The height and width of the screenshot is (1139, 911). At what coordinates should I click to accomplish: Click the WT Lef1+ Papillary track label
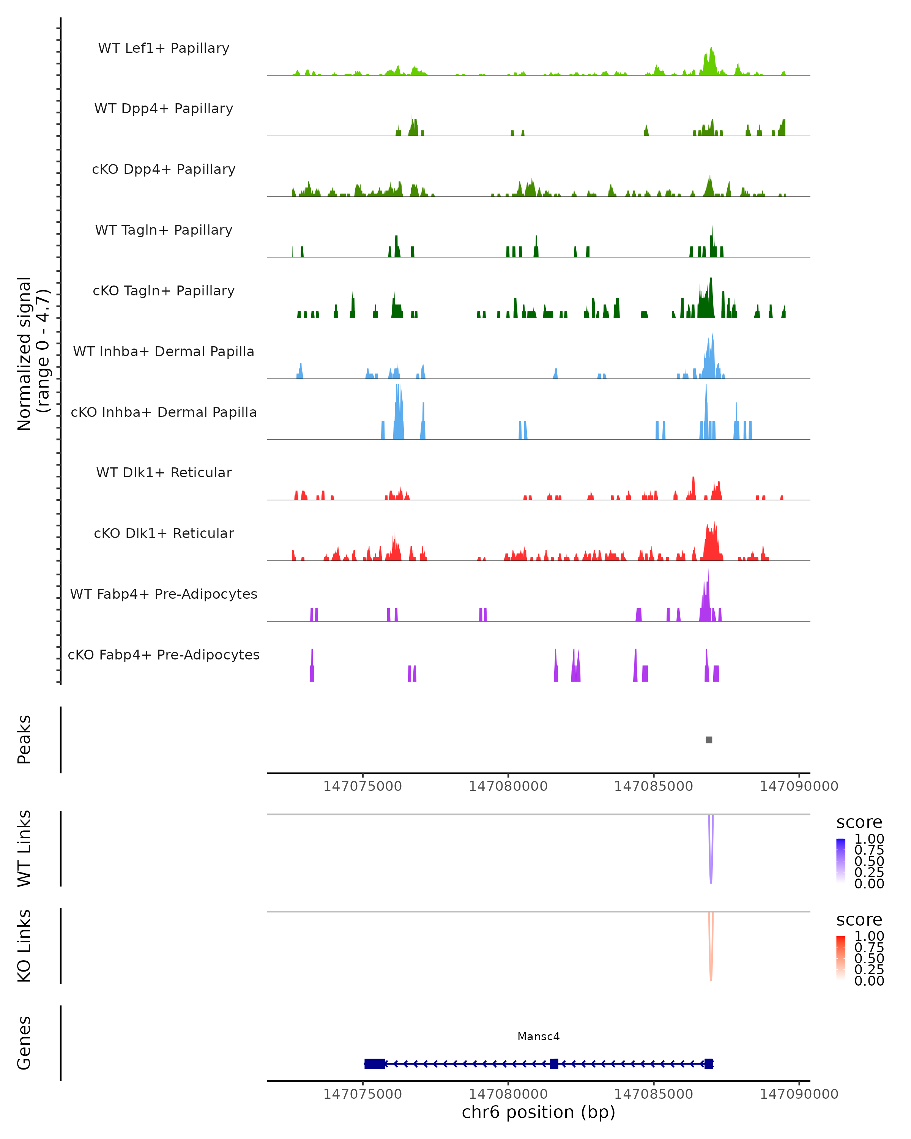tap(164, 49)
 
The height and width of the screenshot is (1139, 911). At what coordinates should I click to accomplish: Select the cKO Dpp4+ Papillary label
tap(164, 170)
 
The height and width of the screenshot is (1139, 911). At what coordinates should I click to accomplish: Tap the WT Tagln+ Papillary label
tap(164, 230)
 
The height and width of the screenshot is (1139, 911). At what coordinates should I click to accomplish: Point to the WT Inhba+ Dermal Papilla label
tap(164, 352)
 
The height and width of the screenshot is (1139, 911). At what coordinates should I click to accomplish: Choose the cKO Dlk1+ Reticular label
tap(164, 533)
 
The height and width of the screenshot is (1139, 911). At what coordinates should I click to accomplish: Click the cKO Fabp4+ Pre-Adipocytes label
tap(164, 655)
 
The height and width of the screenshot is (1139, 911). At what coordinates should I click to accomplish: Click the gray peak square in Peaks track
tap(709, 740)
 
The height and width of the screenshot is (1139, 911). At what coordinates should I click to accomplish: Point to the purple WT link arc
tap(711, 866)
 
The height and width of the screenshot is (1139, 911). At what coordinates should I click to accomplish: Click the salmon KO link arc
tap(711, 964)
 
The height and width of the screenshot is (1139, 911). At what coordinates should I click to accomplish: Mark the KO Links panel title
tap(24, 946)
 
